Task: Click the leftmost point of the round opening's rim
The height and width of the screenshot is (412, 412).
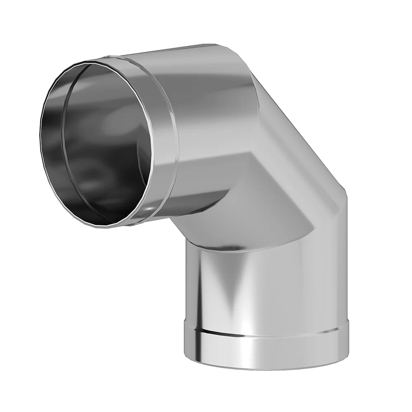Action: click(41, 136)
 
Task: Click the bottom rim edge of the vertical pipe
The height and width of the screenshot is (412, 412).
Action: click(264, 369)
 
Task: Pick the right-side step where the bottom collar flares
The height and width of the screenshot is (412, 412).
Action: click(347, 321)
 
